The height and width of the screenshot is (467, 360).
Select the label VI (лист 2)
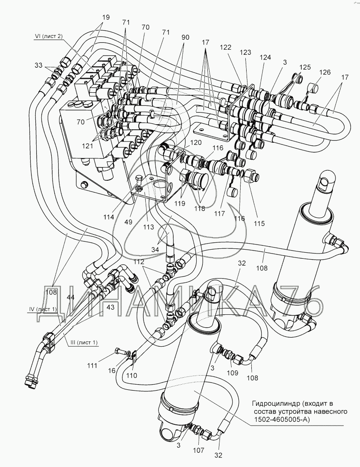(48, 37)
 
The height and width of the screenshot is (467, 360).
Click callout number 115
(259, 224)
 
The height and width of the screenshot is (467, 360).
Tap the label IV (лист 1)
(42, 309)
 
